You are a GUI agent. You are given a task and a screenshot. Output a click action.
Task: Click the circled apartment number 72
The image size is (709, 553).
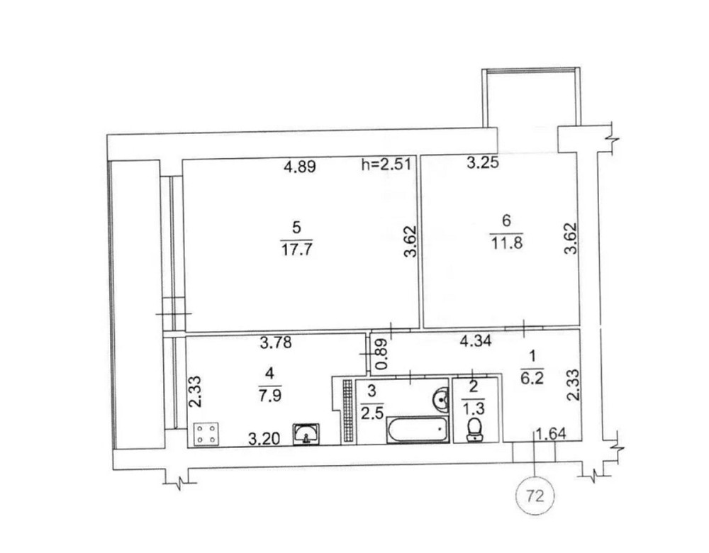pos(535,496)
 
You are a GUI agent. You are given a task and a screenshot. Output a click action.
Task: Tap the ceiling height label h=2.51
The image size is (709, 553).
pos(386,164)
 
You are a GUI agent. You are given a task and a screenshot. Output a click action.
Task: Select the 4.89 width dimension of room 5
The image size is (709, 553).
pos(299,167)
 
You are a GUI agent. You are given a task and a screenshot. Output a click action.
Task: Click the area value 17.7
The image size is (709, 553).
pos(297,249)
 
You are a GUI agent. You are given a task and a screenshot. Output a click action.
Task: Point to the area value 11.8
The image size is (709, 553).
pos(506,242)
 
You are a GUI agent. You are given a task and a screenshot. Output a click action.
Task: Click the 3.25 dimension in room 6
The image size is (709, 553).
pos(483,162)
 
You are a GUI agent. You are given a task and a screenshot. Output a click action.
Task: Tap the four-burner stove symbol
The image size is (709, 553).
pos(206,434)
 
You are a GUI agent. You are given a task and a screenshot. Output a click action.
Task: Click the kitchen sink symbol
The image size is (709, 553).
pos(306,434)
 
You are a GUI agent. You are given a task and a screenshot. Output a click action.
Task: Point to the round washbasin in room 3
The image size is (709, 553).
pos(440,399)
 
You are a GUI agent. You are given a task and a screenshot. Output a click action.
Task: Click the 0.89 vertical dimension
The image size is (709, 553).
pos(381,354)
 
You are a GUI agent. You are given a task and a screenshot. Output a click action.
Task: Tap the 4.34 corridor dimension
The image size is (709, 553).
pos(475,340)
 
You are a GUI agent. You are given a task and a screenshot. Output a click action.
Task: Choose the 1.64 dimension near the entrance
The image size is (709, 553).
pos(550,434)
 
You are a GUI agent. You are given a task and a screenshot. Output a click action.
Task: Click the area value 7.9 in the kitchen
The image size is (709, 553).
pos(270,395)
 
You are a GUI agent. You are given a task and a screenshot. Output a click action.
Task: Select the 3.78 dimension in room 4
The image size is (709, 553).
pos(276,342)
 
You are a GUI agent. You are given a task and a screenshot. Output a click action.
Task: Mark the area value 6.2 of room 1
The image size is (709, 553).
pos(532,378)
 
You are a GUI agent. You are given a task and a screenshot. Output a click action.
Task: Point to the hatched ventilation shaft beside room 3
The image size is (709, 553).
pos(347,411)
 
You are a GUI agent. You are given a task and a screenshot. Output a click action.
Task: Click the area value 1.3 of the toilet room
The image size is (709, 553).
pos(474,408)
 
